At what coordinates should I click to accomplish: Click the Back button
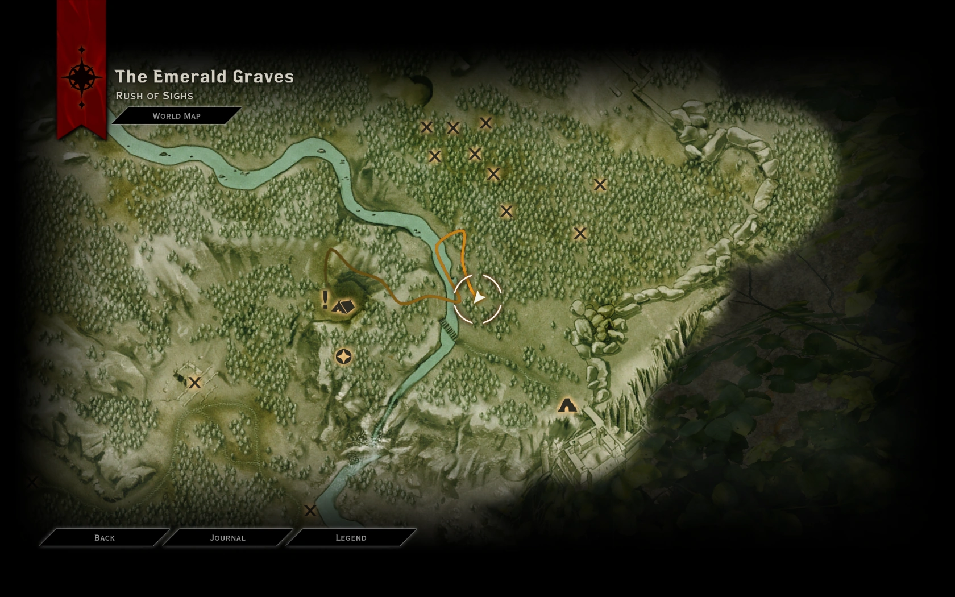[x=105, y=537]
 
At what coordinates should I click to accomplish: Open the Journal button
[x=227, y=537]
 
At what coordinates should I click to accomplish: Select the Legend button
[x=351, y=537]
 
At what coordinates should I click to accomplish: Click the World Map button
[x=176, y=115]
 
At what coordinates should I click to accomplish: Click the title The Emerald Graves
[x=204, y=77]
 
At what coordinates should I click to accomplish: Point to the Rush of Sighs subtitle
[x=155, y=96]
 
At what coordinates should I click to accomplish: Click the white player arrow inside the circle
[x=479, y=297]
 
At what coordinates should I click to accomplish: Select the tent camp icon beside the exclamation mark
[x=343, y=306]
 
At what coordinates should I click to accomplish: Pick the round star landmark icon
[x=343, y=357]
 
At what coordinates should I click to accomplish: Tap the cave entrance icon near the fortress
[x=567, y=405]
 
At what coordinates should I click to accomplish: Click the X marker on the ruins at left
[x=194, y=383]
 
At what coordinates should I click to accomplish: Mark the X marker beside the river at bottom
[x=310, y=511]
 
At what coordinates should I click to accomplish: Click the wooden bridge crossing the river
[x=449, y=329]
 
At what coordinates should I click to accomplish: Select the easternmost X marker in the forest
[x=600, y=185]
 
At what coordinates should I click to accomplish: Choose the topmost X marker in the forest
[x=485, y=123]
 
